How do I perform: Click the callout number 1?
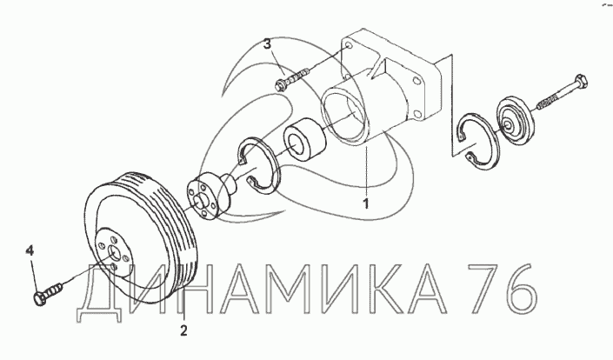(x=365, y=203)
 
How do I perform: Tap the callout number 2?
(x=183, y=330)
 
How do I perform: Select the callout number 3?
(x=267, y=44)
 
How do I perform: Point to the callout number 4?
(x=30, y=250)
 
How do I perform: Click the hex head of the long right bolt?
(x=581, y=82)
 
